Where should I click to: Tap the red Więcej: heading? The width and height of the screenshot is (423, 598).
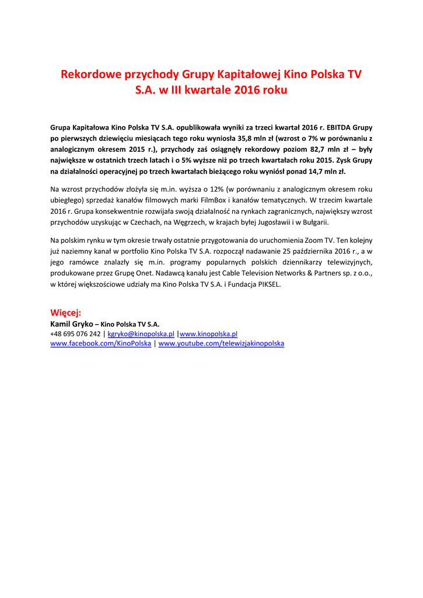pyautogui.click(x=66, y=313)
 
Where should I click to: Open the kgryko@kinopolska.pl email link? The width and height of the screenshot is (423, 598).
pyautogui.click(x=141, y=334)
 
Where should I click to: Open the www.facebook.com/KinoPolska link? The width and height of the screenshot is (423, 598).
pyautogui.click(x=101, y=344)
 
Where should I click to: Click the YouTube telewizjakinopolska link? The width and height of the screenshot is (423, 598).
pyautogui.click(x=221, y=344)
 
